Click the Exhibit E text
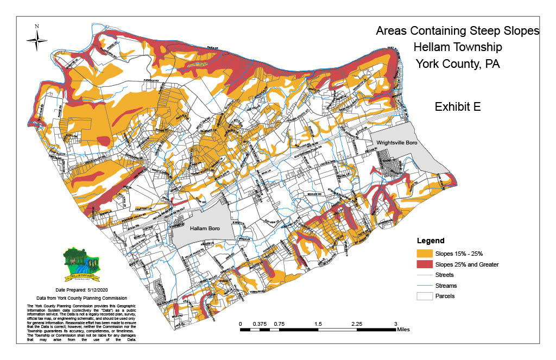tap(457, 107)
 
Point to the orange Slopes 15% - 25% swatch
tap(425, 254)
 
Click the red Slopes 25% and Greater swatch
tap(425, 264)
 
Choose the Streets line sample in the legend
tap(425, 275)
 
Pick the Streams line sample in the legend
tap(425, 286)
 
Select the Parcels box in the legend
tap(425, 296)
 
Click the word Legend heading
tap(431, 241)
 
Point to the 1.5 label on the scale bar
tap(318, 324)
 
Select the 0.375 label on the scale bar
tap(259, 324)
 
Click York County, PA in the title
tap(457, 64)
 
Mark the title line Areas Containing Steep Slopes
tap(457, 31)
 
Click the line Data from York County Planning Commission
tap(81, 299)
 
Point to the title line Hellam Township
tap(457, 47)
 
